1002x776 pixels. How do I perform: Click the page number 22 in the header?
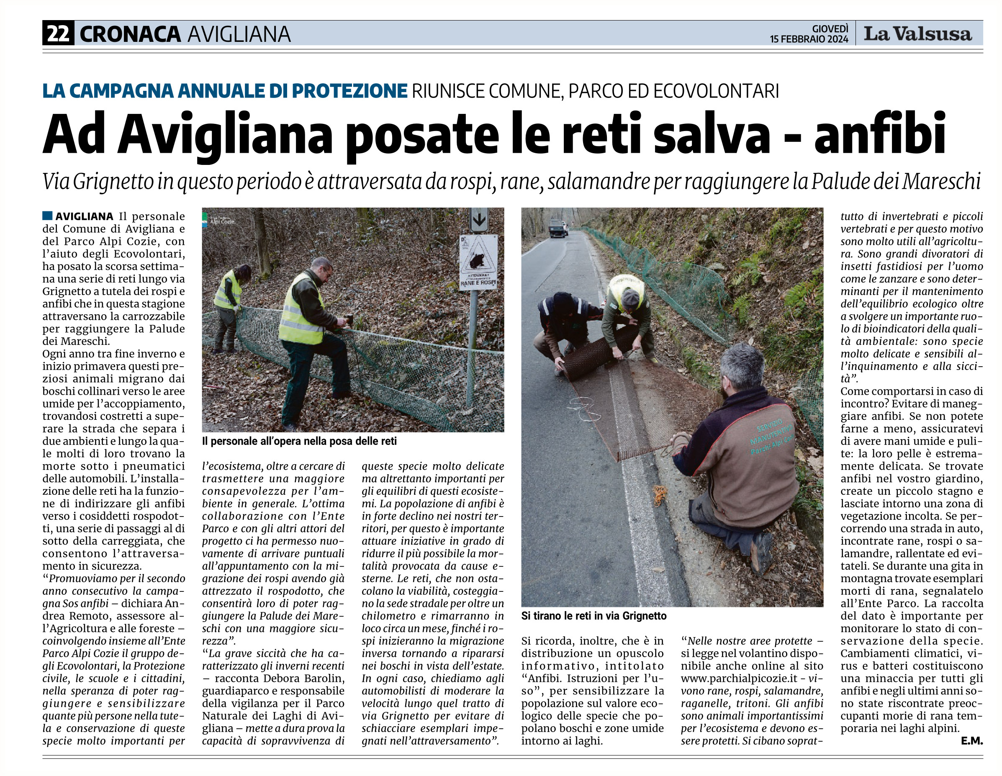[x=58, y=33]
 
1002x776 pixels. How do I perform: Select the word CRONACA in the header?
[x=130, y=34]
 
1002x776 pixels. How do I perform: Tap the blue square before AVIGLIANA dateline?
[x=47, y=216]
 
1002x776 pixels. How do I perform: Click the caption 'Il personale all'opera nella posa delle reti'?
[x=299, y=442]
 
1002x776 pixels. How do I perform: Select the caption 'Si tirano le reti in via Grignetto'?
[x=593, y=616]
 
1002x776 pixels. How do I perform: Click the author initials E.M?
[x=971, y=740]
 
